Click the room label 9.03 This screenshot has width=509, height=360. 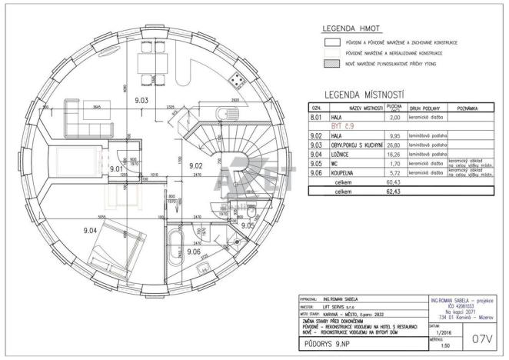point(141,101)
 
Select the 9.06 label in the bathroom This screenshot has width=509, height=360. point(192,252)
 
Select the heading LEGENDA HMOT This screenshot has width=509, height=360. point(351,29)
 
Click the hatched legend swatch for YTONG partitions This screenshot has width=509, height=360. point(332,68)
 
